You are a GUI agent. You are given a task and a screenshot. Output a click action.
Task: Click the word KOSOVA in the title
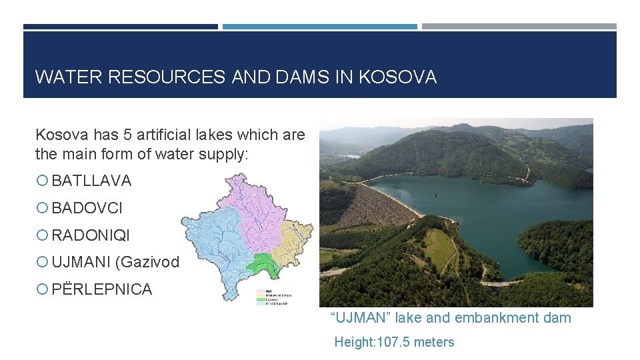(397, 77)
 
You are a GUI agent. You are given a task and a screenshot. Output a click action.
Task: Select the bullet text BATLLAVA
(91, 181)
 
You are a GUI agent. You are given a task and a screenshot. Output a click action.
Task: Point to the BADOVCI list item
(87, 208)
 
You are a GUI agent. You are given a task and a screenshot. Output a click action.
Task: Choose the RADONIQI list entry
(91, 235)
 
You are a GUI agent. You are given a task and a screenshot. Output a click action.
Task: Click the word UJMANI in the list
(81, 263)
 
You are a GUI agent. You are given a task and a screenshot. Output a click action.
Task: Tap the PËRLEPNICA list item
(101, 289)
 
